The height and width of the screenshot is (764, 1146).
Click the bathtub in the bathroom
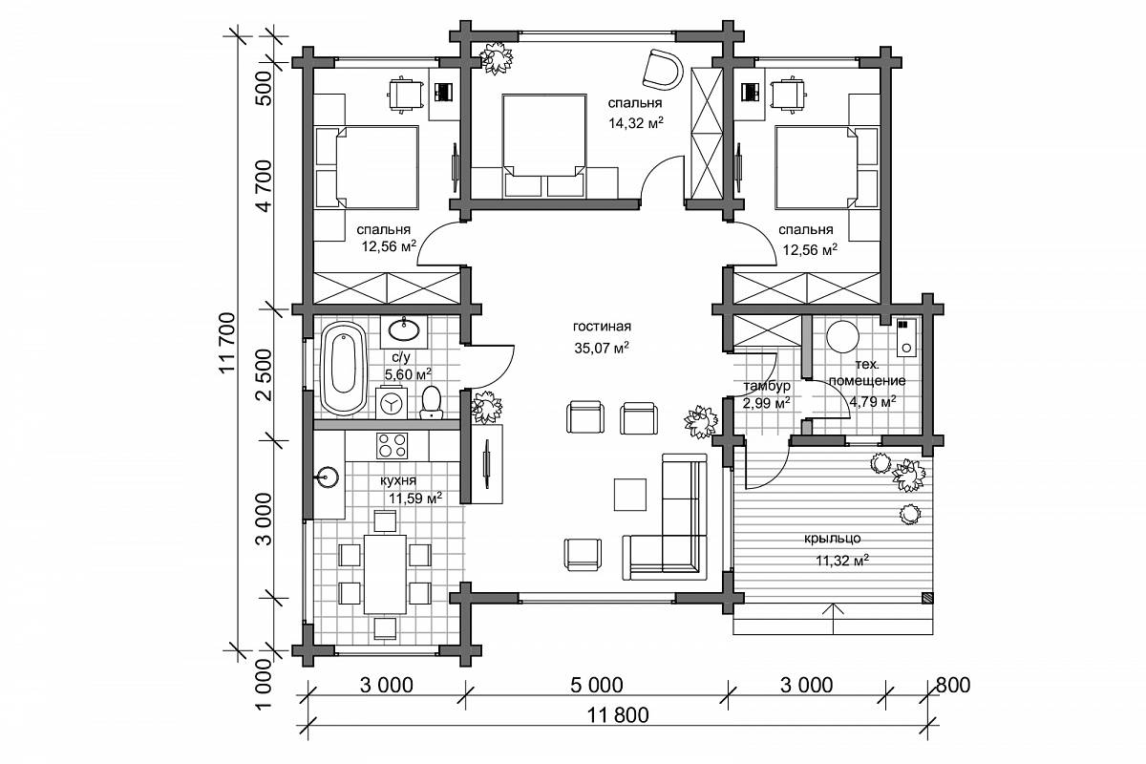[343, 369]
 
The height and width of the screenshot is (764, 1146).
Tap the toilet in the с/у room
[432, 402]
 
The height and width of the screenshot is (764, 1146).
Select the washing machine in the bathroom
[392, 403]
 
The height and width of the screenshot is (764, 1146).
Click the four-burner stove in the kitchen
[392, 446]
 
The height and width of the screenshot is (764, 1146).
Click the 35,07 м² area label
[601, 348]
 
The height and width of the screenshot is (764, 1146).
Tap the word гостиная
[602, 326]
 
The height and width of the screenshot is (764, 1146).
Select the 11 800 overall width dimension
[618, 715]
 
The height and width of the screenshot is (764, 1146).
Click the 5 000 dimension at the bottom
[597, 685]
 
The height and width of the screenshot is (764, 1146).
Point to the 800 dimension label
[953, 685]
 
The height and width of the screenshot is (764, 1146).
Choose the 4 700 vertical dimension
[265, 185]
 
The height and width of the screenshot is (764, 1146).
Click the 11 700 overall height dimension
[227, 342]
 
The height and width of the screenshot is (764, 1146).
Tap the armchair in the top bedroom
[663, 69]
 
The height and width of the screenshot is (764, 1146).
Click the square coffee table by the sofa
[629, 495]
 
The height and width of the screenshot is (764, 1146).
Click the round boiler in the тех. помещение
[842, 336]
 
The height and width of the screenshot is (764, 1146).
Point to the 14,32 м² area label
[636, 123]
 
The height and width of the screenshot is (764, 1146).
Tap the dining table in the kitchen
[385, 574]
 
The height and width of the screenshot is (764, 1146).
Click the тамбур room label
[767, 385]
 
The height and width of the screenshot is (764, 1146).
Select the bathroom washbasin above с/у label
[404, 330]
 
